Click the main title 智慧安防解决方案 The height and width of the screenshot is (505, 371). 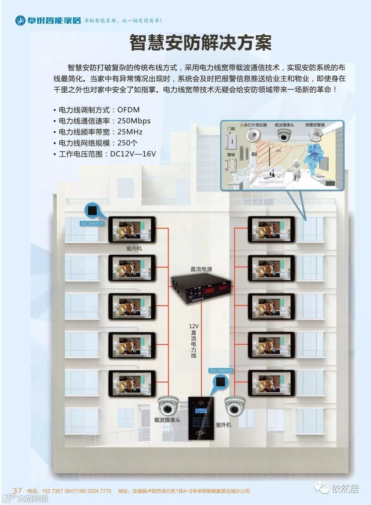click(x=200, y=43)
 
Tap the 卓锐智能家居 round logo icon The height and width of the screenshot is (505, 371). click(x=20, y=20)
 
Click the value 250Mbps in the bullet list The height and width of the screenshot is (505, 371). click(x=134, y=121)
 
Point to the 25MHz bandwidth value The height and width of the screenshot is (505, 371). click(x=130, y=132)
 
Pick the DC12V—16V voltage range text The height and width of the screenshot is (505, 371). click(x=133, y=154)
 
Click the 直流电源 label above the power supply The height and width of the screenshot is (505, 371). click(x=201, y=269)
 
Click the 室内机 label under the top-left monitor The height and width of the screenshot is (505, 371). click(x=134, y=248)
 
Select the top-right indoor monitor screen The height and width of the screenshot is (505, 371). click(x=271, y=230)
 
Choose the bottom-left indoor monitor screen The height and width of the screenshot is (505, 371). click(x=132, y=383)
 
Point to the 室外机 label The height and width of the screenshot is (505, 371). click(x=223, y=425)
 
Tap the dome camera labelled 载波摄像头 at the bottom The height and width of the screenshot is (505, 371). click(x=168, y=406)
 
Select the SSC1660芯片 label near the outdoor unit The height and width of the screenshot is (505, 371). click(x=221, y=371)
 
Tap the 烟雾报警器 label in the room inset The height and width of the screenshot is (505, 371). click(x=315, y=125)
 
